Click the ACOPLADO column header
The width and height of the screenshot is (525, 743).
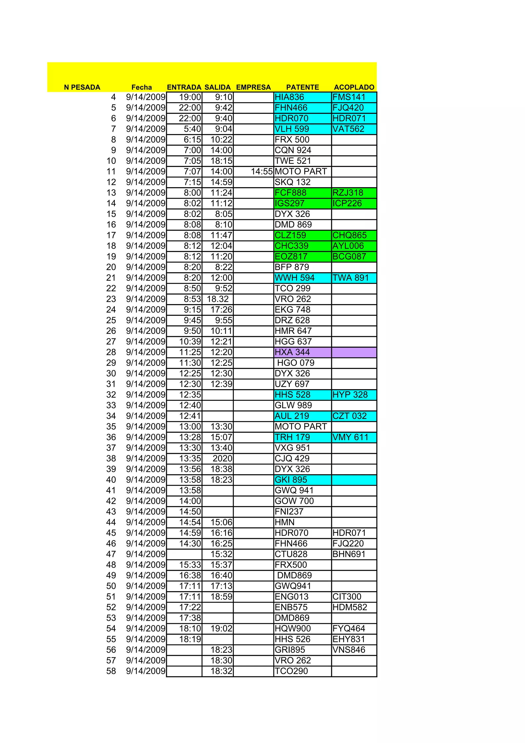click(x=354, y=87)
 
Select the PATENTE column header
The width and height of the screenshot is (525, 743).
click(x=302, y=87)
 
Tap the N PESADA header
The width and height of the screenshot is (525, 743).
click(x=82, y=87)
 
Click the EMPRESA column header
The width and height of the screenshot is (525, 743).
click(x=253, y=87)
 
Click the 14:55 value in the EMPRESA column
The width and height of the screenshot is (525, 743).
click(x=262, y=172)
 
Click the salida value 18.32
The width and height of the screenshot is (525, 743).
click(x=218, y=299)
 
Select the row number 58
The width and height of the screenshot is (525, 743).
click(x=111, y=671)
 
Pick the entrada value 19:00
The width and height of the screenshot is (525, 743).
click(x=190, y=97)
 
